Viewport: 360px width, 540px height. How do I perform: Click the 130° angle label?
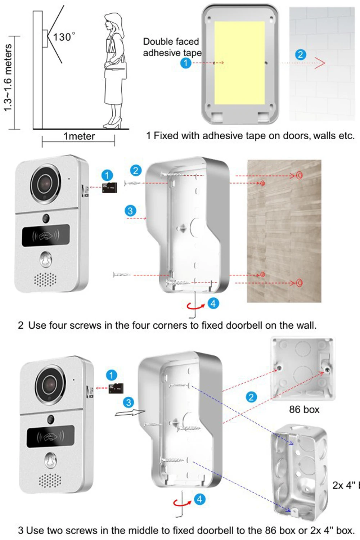64,37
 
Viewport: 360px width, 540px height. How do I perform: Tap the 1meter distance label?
79,136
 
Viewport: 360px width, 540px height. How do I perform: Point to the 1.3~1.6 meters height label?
8,77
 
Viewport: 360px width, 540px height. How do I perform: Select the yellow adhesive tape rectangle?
239,63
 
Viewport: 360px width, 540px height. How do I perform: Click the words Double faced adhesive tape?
172,47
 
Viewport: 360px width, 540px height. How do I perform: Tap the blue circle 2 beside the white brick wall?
301,55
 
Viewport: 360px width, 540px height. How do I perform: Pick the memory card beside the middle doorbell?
110,188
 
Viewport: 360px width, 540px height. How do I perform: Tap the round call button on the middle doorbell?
46,259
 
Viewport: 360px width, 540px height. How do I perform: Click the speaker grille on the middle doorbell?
45,279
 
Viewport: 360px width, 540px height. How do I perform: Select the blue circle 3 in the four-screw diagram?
130,211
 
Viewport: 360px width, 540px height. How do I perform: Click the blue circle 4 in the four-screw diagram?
213,303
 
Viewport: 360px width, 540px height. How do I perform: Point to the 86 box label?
304,410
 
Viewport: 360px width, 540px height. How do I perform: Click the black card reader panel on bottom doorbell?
50,437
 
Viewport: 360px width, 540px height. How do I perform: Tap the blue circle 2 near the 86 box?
251,397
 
